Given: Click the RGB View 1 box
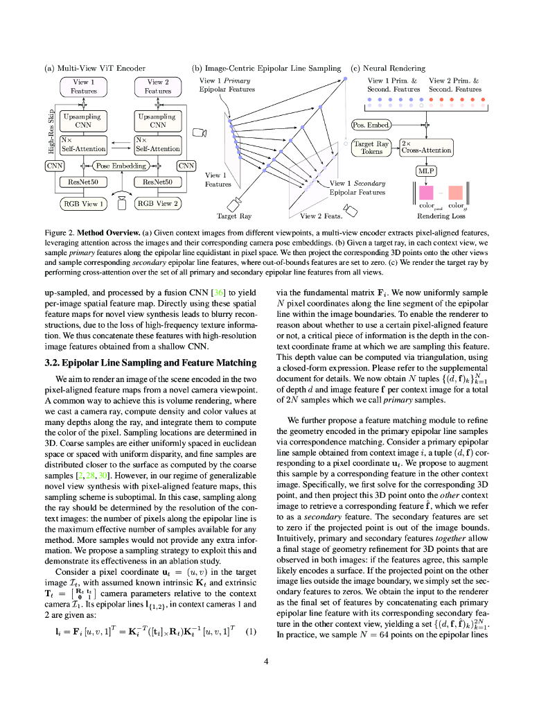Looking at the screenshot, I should (x=83, y=204).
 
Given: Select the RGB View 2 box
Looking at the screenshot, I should (x=158, y=204).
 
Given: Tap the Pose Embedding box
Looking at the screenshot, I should (x=121, y=166).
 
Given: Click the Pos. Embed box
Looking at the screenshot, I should (x=371, y=125).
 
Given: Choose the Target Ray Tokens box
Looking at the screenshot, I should (x=373, y=148).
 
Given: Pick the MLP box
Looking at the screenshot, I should (x=426, y=171).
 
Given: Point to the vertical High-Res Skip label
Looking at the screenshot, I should (x=51, y=132).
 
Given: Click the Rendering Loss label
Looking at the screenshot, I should (x=441, y=216).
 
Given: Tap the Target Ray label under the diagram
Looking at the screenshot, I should (x=234, y=216).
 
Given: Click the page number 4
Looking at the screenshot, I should (x=266, y=661).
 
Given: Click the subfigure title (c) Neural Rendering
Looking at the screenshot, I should (x=388, y=68).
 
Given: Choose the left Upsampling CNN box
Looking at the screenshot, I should (x=83, y=121).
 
